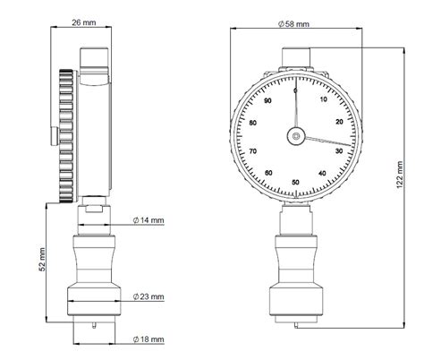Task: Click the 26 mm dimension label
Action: pos(84,22)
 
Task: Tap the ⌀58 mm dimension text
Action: pos(293,24)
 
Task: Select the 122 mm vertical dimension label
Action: pos(400,175)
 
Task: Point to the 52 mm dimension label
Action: pos(42,260)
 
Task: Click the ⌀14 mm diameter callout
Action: pos(148,220)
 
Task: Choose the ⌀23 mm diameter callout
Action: pos(148,296)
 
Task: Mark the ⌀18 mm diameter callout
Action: pos(148,339)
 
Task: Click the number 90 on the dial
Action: pos(268,100)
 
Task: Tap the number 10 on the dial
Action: pos(324,99)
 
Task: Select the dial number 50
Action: pos(295,182)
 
